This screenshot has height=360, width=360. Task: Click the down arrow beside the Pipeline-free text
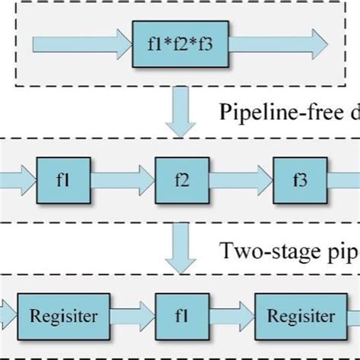coord(181,112)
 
